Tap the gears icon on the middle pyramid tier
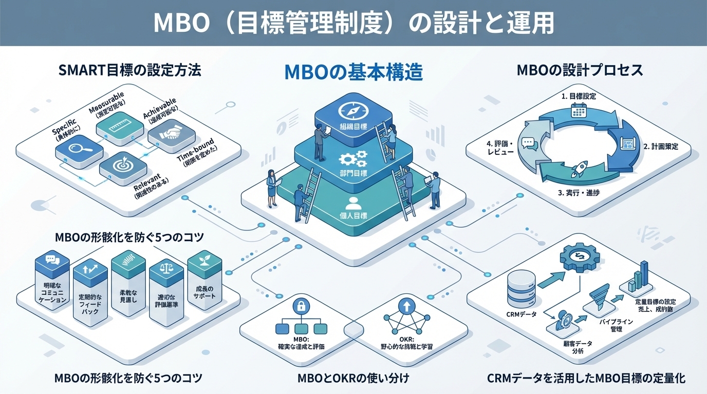pos(353,156)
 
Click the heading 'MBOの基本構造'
pos(353,72)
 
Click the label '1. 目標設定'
pos(579,96)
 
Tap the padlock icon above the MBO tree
pos(300,307)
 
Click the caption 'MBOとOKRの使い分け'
pos(353,379)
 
